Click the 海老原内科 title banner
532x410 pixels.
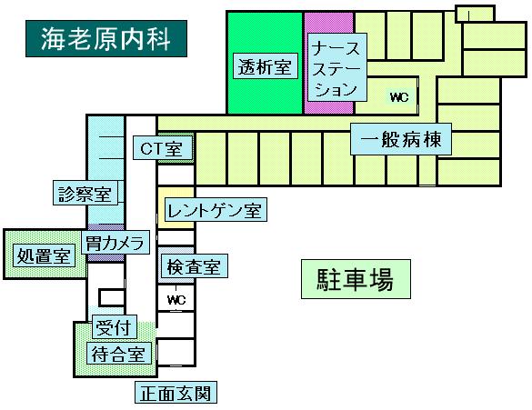(x=106, y=38)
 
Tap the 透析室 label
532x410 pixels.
(x=266, y=66)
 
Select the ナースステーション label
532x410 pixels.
(x=337, y=67)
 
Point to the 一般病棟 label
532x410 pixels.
(x=401, y=139)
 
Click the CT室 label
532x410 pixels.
(x=163, y=148)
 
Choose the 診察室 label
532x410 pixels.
(x=85, y=193)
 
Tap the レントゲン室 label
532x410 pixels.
(x=216, y=210)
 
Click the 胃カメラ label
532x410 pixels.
(x=115, y=242)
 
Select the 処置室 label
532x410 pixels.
(x=44, y=255)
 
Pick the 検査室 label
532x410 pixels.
(x=194, y=266)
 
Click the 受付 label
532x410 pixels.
(x=115, y=327)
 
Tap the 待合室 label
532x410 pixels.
(x=119, y=354)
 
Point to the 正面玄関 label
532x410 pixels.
(x=176, y=393)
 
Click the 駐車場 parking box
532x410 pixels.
(x=356, y=279)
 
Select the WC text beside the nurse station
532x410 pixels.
(x=399, y=97)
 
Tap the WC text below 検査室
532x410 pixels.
(x=176, y=300)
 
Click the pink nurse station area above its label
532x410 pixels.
(x=328, y=23)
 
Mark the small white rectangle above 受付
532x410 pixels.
(x=111, y=298)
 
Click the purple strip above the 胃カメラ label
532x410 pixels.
(x=106, y=227)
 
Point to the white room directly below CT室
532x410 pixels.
(x=176, y=175)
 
